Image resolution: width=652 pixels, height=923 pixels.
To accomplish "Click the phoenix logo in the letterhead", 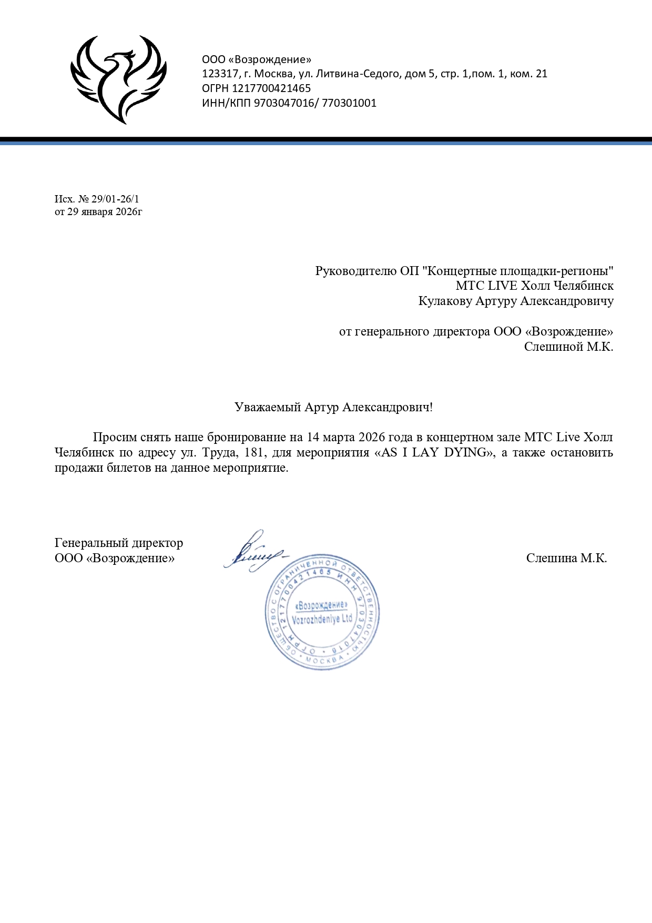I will click(x=118, y=79).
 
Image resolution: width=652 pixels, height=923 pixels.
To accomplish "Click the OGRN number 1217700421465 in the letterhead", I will click(x=271, y=88).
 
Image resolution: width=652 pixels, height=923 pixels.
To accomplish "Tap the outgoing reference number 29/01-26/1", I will click(x=115, y=199).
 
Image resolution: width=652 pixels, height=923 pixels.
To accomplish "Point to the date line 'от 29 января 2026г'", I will click(x=98, y=211).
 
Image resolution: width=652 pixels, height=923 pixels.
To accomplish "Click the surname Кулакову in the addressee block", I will click(x=445, y=301).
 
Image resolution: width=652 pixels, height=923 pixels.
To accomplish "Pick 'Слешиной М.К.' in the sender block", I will click(x=568, y=347).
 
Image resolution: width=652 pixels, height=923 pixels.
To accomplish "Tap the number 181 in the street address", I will click(x=253, y=452).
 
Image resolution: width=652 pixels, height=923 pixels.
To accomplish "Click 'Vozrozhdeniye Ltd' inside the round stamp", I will click(x=322, y=619).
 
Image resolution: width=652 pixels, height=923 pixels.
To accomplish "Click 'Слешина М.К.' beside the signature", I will click(x=566, y=558).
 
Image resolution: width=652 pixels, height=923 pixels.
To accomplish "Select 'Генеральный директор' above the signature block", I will click(x=119, y=543).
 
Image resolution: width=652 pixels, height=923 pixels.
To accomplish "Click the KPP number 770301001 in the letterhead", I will click(x=349, y=103).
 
